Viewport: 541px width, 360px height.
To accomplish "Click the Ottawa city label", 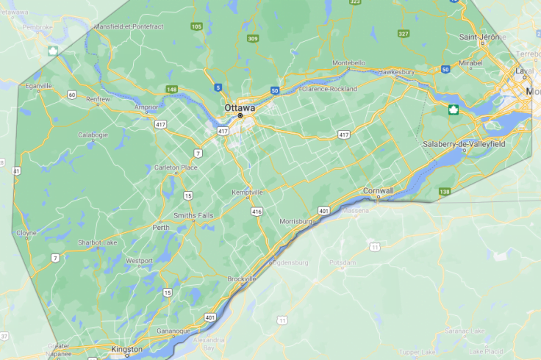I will [x=240, y=108].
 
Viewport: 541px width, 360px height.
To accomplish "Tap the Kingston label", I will [x=126, y=350].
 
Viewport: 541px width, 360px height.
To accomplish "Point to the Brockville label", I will [x=242, y=279].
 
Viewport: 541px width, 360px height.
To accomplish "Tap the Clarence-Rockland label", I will [x=330, y=89].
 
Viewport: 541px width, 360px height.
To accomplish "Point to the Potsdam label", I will [x=342, y=262].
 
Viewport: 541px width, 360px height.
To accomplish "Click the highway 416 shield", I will [x=256, y=212].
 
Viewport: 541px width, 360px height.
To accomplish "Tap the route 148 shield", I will [x=171, y=89].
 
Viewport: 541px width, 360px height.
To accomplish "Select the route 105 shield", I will [x=196, y=26].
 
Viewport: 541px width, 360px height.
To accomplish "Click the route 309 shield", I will [x=253, y=38].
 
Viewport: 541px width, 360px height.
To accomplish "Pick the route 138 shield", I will [x=444, y=192].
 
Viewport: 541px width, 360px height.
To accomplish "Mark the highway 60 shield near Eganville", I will [x=71, y=95].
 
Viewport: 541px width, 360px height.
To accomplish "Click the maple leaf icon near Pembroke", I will [x=53, y=51].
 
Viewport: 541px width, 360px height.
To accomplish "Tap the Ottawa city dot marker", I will [x=240, y=116].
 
